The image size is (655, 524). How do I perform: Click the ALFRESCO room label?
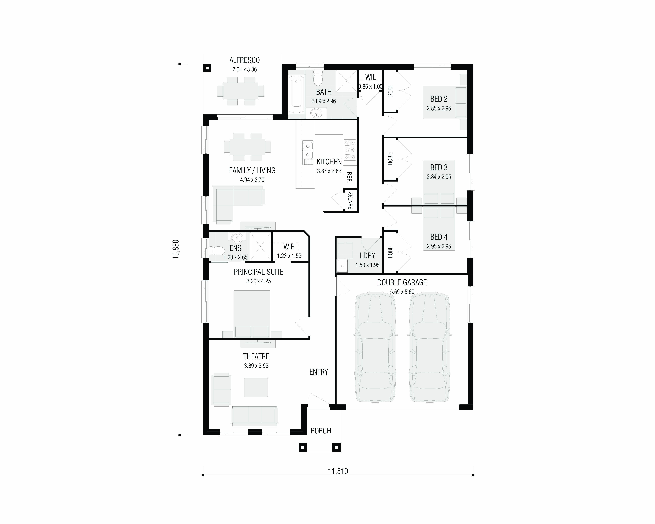pos(245,60)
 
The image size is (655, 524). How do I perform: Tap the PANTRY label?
pos(351,201)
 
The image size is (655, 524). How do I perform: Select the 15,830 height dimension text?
pos(176,249)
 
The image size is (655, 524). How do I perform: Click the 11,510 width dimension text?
pos(338,471)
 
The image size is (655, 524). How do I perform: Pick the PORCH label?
pos(321,431)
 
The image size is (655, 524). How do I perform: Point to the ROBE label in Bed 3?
pos(390,159)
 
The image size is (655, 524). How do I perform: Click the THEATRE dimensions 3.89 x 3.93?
pos(256,366)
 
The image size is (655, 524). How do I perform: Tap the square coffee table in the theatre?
pos(256,387)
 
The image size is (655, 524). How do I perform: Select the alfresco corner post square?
pos(207,68)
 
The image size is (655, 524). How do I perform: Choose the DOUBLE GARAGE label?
pos(402,282)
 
